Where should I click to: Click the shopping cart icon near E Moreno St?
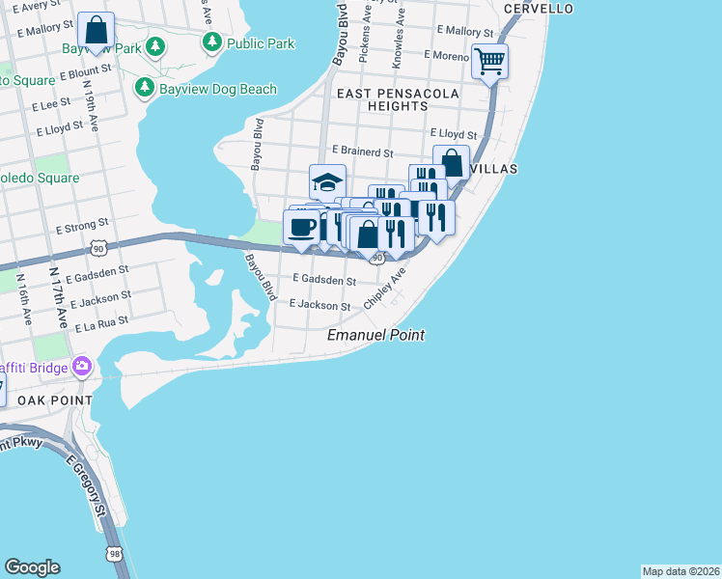[x=490, y=62]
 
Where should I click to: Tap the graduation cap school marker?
[x=327, y=181]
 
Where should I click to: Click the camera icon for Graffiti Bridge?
[x=82, y=367]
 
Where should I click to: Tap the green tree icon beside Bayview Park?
[x=153, y=47]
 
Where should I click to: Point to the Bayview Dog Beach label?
[x=218, y=90]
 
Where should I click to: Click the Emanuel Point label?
[x=376, y=335]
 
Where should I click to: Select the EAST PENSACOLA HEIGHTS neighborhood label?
[x=402, y=99]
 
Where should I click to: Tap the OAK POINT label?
[x=46, y=400]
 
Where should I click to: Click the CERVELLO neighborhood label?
[x=539, y=9]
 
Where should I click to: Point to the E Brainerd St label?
[x=362, y=152]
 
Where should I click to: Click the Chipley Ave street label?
[x=385, y=289]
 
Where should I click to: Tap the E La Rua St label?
[x=102, y=321]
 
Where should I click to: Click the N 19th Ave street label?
[x=89, y=96]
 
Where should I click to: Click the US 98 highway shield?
[x=115, y=554]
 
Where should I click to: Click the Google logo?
[x=32, y=567]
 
